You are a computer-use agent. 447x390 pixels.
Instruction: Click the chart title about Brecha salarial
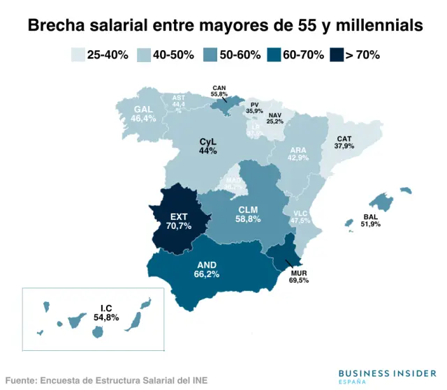pyautogui.click(x=225, y=26)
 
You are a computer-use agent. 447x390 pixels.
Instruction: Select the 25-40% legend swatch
pyautogui.click(x=78, y=55)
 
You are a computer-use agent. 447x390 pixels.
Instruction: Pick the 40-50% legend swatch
pyautogui.click(x=144, y=55)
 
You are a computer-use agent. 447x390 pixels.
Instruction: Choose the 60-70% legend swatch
pyautogui.click(x=274, y=55)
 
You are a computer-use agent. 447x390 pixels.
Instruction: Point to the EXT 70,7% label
pyautogui.click(x=179, y=221)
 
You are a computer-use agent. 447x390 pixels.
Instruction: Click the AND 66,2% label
pyautogui.click(x=207, y=269)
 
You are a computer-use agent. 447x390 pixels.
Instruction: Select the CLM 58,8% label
pyautogui.click(x=248, y=214)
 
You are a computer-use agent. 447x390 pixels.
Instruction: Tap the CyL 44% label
pyautogui.click(x=207, y=146)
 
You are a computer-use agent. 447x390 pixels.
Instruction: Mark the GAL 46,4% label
pyautogui.click(x=143, y=114)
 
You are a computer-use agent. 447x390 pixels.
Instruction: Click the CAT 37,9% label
pyautogui.click(x=344, y=142)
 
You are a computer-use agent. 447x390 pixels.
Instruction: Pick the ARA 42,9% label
pyautogui.click(x=298, y=153)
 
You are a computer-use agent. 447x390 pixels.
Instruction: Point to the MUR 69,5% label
pyautogui.click(x=298, y=276)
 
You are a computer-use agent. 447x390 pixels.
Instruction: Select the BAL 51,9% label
pyautogui.click(x=371, y=220)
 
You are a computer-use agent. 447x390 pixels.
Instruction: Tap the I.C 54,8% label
pyautogui.click(x=106, y=313)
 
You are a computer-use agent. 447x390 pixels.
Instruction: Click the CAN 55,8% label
pyautogui.click(x=219, y=91)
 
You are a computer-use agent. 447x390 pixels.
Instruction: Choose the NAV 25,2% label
pyautogui.click(x=274, y=118)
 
